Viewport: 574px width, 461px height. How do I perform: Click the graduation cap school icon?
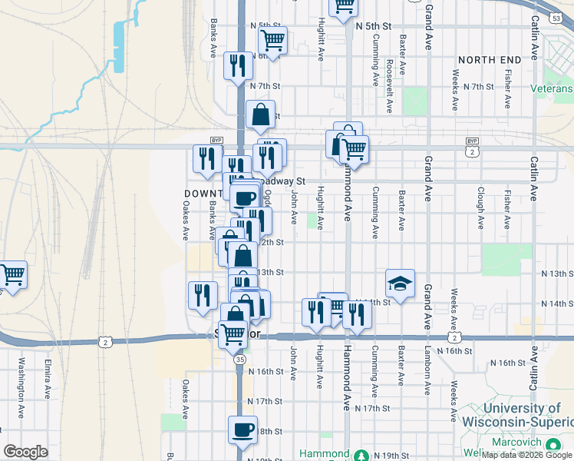(x=400, y=284)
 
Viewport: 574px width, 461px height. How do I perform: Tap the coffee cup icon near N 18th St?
(x=243, y=430)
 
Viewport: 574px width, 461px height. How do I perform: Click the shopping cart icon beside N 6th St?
(x=272, y=40)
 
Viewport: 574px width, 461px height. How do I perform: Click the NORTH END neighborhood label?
(x=490, y=59)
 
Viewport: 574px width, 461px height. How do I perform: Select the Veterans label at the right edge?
(x=552, y=88)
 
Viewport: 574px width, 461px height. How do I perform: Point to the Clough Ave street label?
(x=480, y=208)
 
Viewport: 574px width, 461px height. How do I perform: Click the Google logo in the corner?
(x=25, y=451)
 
